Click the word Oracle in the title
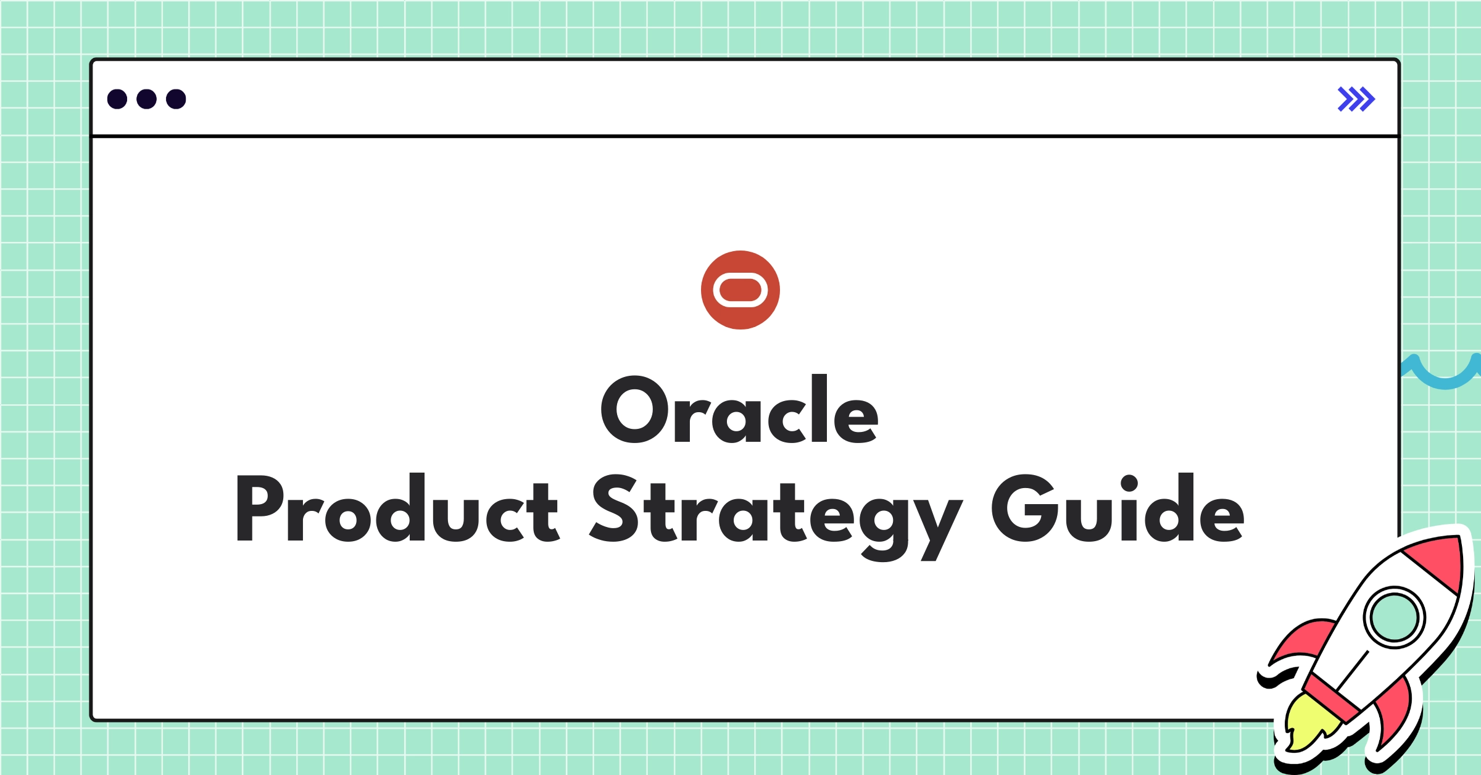click(739, 410)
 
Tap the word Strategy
click(775, 512)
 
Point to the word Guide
click(1118, 508)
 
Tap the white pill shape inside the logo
click(740, 290)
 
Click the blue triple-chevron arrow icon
click(1356, 99)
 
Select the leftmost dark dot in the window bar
click(117, 99)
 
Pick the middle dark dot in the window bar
click(146, 99)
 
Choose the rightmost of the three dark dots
click(176, 99)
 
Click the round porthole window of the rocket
click(1394, 617)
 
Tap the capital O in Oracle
click(634, 410)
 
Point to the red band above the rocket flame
click(1333, 697)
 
